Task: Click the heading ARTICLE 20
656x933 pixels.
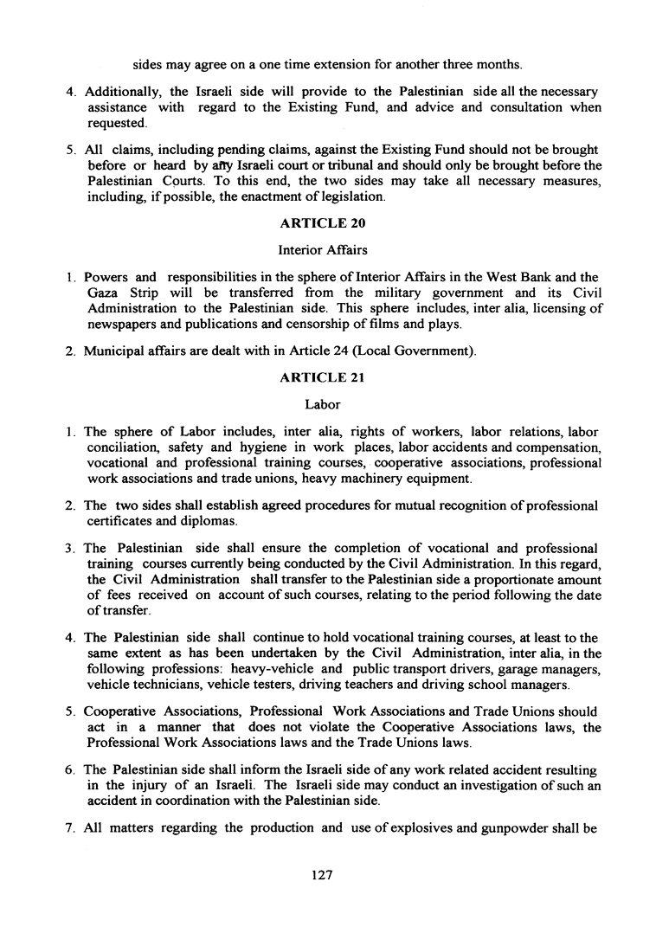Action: tap(323, 223)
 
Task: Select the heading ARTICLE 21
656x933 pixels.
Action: tap(323, 377)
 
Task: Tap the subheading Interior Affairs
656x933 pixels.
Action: tap(323, 250)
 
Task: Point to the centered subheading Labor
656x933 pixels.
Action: tap(323, 404)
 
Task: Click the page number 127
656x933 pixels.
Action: tap(322, 875)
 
